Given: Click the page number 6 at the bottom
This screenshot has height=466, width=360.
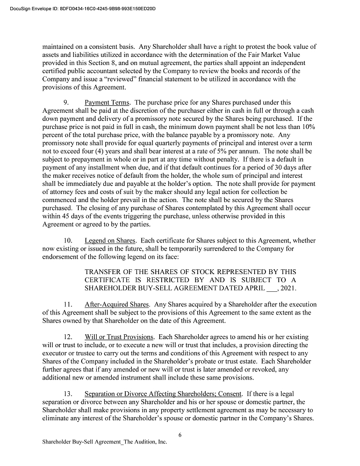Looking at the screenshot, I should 179,434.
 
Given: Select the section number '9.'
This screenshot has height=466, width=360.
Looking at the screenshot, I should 67,102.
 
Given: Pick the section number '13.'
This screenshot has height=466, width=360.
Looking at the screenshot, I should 68,393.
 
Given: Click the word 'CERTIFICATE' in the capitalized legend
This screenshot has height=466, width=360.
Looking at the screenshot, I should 112,280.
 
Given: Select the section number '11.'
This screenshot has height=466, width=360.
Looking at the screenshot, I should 68,305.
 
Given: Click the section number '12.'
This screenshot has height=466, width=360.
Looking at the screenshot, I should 68,336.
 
